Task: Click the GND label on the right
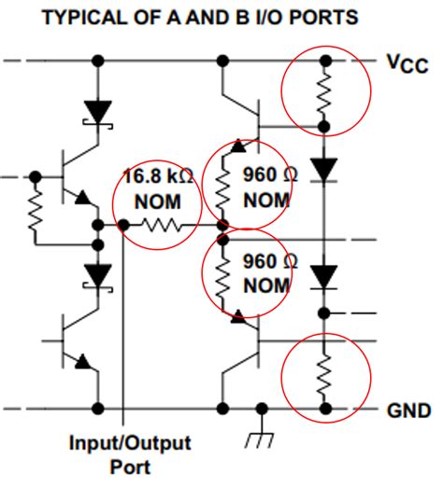pos(409,410)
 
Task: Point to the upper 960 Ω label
pos(264,175)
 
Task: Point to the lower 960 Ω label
pos(264,260)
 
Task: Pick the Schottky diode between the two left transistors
pos(96,276)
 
